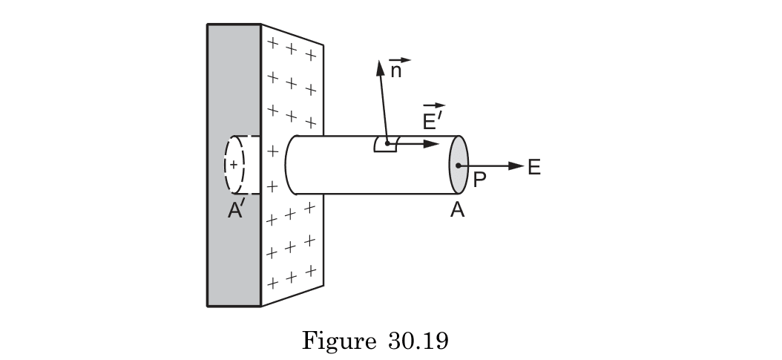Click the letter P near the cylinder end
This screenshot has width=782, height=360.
[x=479, y=181]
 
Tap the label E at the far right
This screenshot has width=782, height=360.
[x=534, y=168]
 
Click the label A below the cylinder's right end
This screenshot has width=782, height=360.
[x=458, y=211]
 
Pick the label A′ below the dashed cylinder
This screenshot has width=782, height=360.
[x=236, y=211]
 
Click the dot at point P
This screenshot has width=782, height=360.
[x=459, y=166]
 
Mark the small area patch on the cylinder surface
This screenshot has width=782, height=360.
[x=385, y=144]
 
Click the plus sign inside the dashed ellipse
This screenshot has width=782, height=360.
[x=233, y=164]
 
